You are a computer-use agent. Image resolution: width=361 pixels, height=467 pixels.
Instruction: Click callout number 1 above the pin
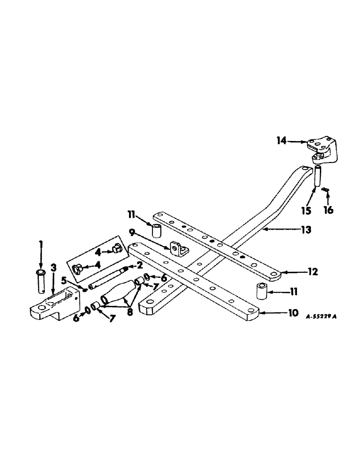[x=41, y=243]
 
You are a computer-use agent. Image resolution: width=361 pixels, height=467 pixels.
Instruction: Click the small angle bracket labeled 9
[x=178, y=249]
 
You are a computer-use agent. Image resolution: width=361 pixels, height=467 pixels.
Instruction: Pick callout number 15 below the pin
[x=306, y=212]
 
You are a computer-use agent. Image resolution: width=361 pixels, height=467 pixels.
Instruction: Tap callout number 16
[x=329, y=211]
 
